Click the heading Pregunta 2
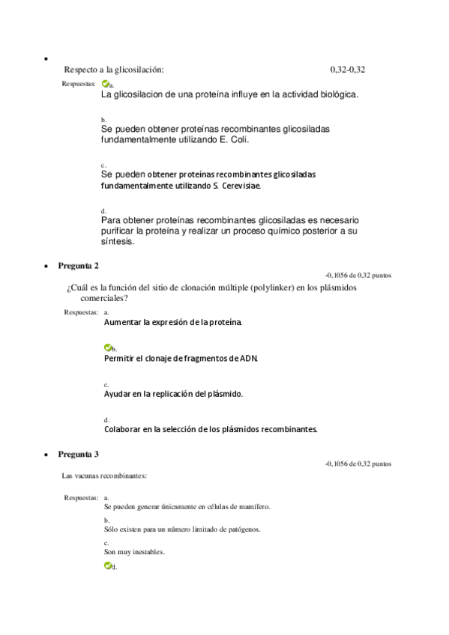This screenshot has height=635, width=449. [78, 265]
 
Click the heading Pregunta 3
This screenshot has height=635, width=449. [78, 454]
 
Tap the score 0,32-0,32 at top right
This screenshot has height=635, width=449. [347, 70]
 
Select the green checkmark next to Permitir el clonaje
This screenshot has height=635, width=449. [108, 348]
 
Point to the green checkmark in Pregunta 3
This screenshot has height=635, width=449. [108, 566]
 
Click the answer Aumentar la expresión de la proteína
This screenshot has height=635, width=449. [173, 322]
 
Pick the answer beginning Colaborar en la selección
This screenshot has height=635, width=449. [211, 429]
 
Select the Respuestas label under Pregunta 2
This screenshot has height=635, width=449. [81, 312]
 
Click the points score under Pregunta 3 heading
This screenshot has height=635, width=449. [358, 464]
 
